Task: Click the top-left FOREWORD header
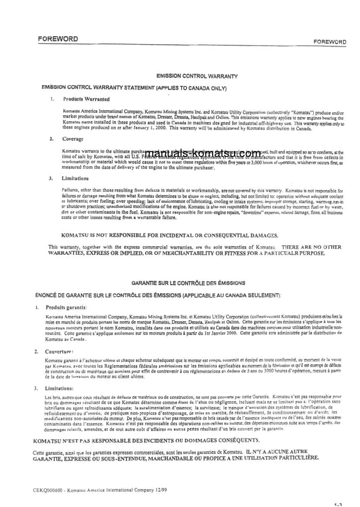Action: (58, 39)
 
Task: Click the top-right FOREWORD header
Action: (329, 42)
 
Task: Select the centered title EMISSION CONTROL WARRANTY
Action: (197, 76)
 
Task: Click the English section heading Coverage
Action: (73, 139)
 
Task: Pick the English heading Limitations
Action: (76, 178)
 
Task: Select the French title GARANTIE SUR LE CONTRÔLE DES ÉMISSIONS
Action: (188, 283)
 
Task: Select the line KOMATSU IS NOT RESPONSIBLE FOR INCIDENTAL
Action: (170, 235)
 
